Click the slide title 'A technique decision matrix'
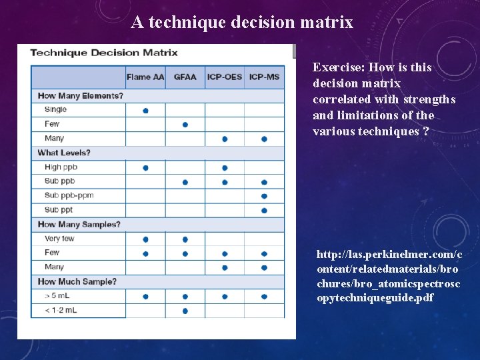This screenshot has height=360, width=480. click(x=242, y=22)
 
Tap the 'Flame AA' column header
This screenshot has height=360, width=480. click(x=145, y=77)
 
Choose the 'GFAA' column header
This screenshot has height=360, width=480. click(x=185, y=77)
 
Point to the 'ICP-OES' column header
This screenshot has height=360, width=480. click(x=225, y=77)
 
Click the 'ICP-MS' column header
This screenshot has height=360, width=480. click(x=264, y=77)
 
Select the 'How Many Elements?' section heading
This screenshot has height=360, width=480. click(x=80, y=95)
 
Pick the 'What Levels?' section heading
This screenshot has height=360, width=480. click(x=64, y=153)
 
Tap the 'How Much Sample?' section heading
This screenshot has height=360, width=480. click(x=77, y=281)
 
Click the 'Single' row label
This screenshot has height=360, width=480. click(x=55, y=109)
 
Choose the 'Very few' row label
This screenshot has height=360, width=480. click(x=59, y=239)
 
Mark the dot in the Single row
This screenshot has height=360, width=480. click(x=145, y=110)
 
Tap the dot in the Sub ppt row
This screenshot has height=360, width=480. click(x=264, y=211)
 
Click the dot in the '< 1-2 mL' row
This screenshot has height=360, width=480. click(x=185, y=311)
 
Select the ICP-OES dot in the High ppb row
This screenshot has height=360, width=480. click(x=225, y=168)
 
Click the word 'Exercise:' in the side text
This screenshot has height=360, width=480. click(x=338, y=67)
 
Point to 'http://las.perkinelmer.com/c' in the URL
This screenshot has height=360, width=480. click(x=389, y=255)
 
